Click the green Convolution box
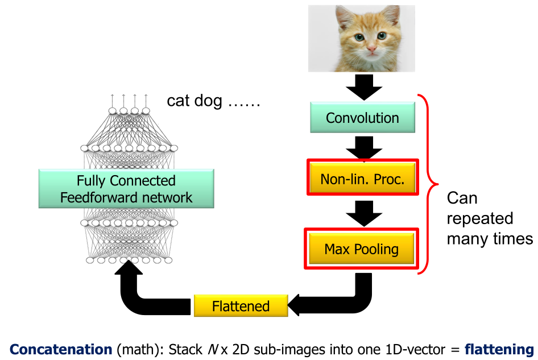click(x=362, y=118)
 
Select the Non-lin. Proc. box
click(x=362, y=180)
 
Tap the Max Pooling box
click(x=362, y=249)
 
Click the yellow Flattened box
click(x=241, y=306)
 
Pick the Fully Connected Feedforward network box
click(x=126, y=189)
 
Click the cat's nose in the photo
click(x=371, y=50)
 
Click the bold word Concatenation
click(x=61, y=349)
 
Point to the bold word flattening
click(x=498, y=349)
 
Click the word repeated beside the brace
click(x=480, y=219)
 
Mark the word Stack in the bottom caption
click(x=183, y=349)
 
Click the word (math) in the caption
click(x=139, y=349)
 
